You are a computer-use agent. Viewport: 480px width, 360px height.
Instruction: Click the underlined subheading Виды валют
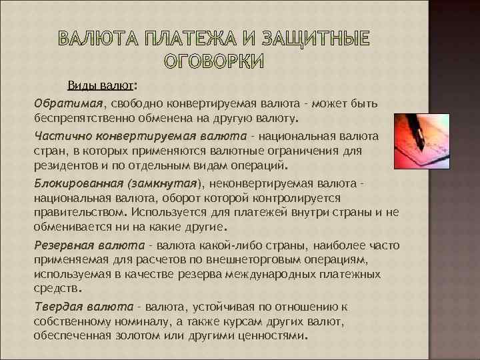coord(99,86)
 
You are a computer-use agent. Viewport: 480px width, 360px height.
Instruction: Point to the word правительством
coord(79,212)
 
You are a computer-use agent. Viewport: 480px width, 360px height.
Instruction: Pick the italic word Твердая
coord(58,307)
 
